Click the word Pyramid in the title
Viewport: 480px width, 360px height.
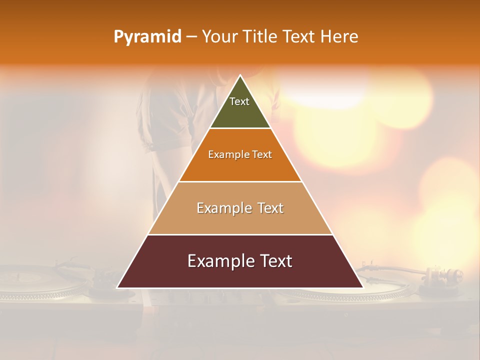pos(147,37)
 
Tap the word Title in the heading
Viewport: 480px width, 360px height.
pos(261,37)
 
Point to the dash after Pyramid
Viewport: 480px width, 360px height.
pos(191,37)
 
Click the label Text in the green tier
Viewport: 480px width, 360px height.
pos(239,101)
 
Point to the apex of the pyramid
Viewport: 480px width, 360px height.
pos(240,75)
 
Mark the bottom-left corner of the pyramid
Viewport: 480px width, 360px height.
pos(117,287)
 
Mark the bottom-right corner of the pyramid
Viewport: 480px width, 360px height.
pos(363,287)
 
